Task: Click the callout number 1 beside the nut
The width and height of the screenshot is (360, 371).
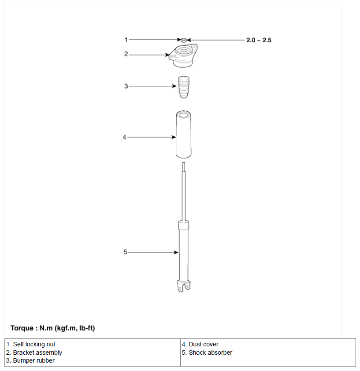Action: coord(126,40)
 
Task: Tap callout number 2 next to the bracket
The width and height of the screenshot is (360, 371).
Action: coord(126,54)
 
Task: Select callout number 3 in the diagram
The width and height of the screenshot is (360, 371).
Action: coord(126,86)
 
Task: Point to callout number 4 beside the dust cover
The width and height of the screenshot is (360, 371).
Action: coord(124,137)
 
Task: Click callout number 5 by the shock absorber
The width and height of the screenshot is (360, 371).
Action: coord(126,252)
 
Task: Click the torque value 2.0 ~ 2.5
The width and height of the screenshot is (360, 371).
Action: coord(259,40)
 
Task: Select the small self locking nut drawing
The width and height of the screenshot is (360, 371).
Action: coord(184,40)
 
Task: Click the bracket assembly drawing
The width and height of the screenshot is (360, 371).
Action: coord(183,56)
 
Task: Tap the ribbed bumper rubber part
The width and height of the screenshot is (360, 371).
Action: coord(184,87)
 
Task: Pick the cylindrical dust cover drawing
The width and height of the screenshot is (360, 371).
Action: coord(184,134)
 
